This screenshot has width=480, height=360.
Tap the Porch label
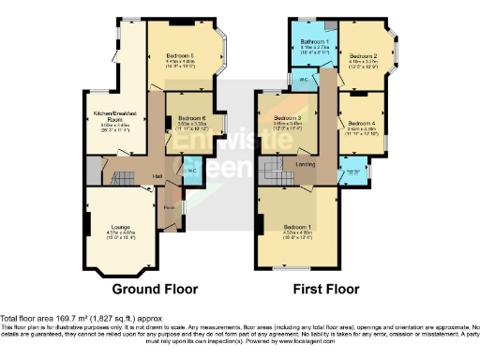coord(169,207)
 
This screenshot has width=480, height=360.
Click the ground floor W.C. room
coord(190,171)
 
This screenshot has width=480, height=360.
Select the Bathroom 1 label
coord(313,43)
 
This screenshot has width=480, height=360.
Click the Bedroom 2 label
coord(367,56)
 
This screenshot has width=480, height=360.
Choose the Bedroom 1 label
coord(298,228)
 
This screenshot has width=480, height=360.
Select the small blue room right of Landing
coord(352,173)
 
